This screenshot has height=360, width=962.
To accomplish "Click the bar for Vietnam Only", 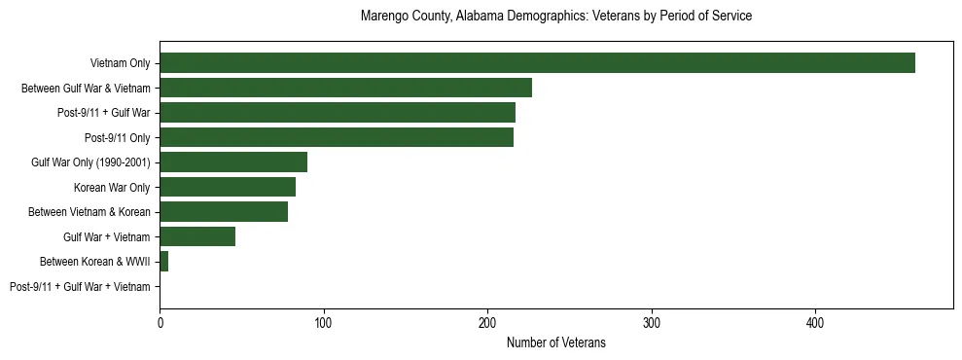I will pyautogui.click(x=537, y=63).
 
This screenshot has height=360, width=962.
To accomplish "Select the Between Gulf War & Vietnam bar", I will pyautogui.click(x=345, y=88).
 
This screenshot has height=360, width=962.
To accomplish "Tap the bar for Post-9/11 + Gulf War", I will pyautogui.click(x=338, y=113).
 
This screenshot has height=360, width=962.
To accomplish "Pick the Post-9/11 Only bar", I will pyautogui.click(x=337, y=137).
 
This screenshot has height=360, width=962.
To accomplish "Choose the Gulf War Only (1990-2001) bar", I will pyautogui.click(x=233, y=162).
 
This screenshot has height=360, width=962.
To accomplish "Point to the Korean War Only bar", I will pyautogui.click(x=228, y=187).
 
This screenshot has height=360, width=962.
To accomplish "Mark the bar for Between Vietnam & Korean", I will pyautogui.click(x=224, y=212).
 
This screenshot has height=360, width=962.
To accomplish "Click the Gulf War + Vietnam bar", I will pyautogui.click(x=197, y=236).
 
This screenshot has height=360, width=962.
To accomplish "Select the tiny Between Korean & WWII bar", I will pyautogui.click(x=164, y=262).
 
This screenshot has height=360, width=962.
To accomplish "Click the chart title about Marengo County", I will pyautogui.click(x=555, y=17).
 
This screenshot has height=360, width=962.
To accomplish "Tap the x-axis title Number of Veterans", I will pyautogui.click(x=555, y=342).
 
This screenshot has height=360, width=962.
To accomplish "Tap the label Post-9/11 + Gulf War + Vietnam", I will pyautogui.click(x=80, y=286).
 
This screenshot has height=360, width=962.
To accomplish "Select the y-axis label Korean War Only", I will pyautogui.click(x=112, y=187).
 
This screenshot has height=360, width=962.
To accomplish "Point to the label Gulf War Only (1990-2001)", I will pyautogui.click(x=90, y=162).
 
